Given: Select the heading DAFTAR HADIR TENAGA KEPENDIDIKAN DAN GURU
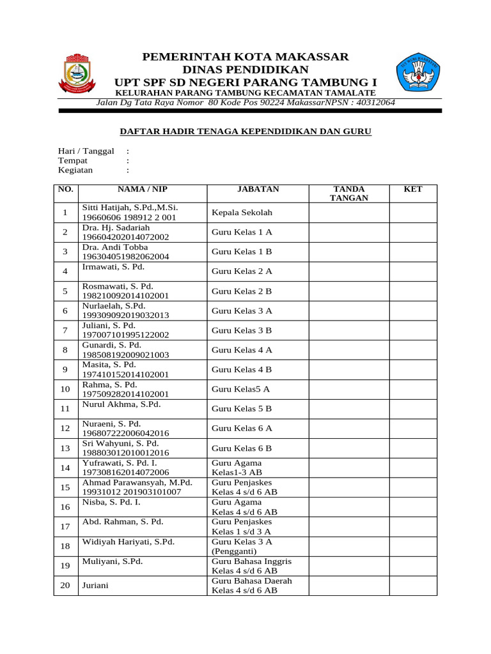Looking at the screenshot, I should (x=246, y=132).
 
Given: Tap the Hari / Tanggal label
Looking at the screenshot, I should (x=86, y=151).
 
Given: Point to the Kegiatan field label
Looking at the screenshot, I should (x=75, y=170).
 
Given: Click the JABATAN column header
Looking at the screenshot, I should (x=258, y=189).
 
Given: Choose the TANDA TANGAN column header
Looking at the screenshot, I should (x=349, y=194).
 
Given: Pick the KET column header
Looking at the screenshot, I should (x=413, y=189).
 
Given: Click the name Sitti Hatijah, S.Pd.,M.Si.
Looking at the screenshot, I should (x=130, y=208).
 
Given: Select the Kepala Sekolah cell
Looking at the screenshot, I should (x=237, y=212).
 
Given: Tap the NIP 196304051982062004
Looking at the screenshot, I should (x=125, y=257).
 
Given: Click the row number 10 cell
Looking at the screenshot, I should (x=65, y=389).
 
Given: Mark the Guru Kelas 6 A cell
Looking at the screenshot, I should (x=242, y=428).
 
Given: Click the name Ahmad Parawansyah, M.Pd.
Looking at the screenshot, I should (x=137, y=482).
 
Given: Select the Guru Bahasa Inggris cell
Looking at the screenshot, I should (x=251, y=561).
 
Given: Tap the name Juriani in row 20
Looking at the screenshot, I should (x=94, y=585).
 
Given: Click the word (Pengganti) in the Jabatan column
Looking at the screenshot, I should (x=234, y=551).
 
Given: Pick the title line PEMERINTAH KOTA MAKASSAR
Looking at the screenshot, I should (x=245, y=57).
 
